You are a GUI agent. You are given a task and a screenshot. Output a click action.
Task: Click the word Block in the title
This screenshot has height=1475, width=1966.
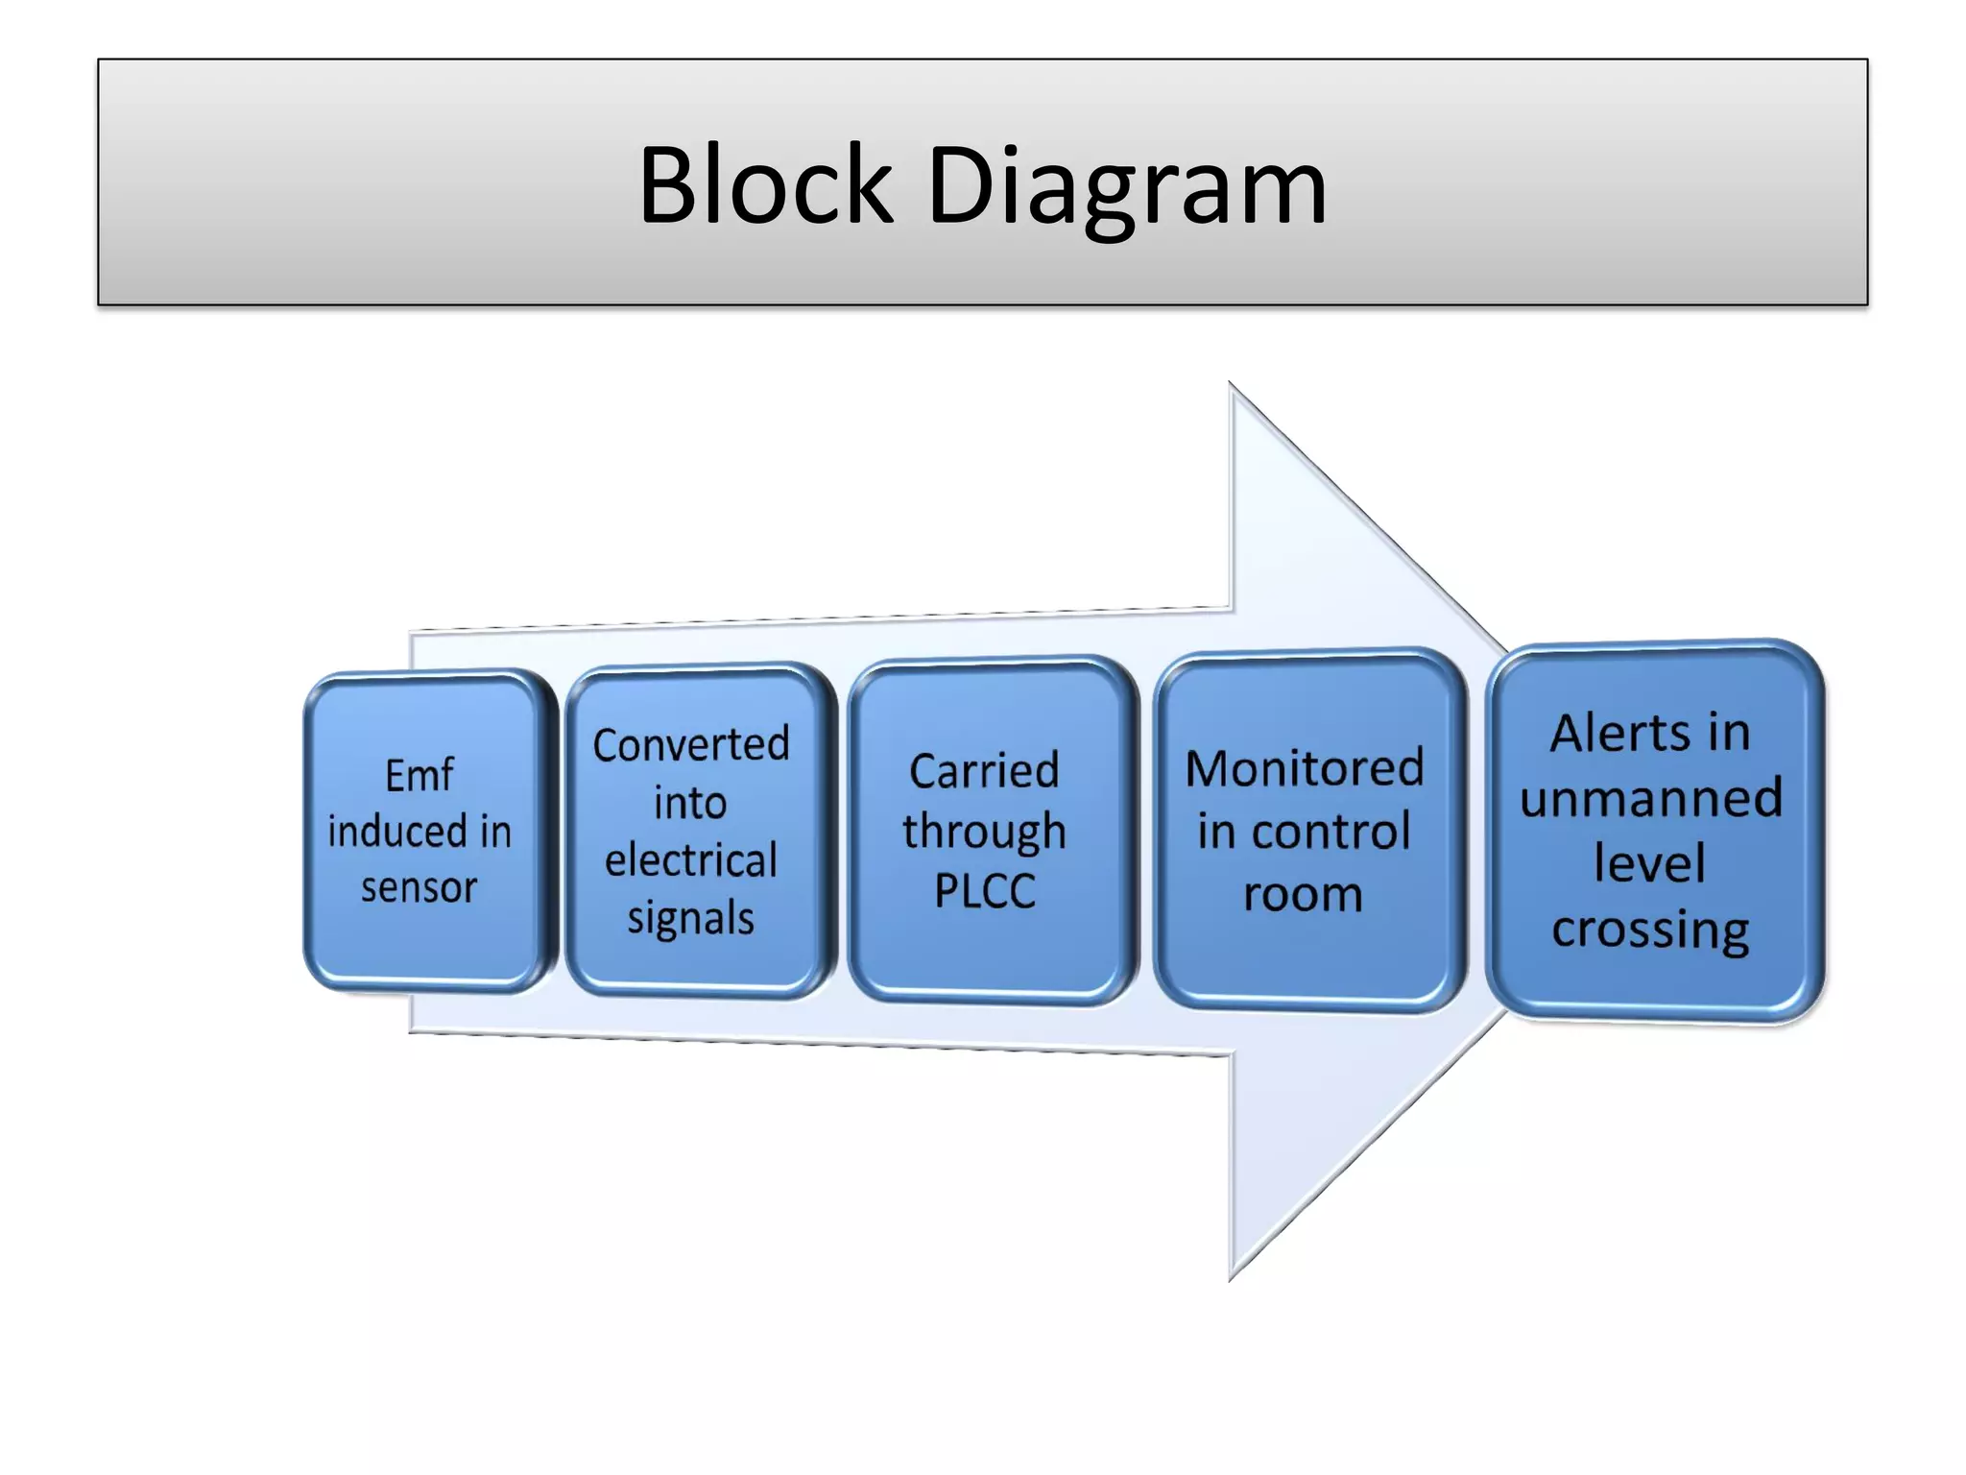[x=765, y=184]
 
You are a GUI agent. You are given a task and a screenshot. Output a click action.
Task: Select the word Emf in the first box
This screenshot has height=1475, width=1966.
[x=419, y=775]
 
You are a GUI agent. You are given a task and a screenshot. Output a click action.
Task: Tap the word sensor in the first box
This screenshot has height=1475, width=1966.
[x=419, y=887]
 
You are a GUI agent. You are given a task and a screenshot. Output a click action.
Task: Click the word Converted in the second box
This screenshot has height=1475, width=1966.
[x=691, y=745]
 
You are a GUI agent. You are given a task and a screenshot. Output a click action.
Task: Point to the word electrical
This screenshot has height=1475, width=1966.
[x=691, y=860]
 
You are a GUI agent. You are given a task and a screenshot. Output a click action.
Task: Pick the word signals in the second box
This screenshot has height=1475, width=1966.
[x=691, y=919]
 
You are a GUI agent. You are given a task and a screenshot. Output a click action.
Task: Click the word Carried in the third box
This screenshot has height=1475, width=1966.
[x=984, y=771]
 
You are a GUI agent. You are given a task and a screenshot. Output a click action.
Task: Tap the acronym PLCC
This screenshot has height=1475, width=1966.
[x=985, y=891]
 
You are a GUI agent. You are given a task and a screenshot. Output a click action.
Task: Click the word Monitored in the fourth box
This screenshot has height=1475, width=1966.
[x=1304, y=768]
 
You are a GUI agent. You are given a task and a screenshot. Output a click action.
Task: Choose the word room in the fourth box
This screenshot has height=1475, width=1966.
[x=1303, y=895]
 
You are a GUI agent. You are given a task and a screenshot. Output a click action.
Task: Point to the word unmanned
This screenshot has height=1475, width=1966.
[x=1650, y=798]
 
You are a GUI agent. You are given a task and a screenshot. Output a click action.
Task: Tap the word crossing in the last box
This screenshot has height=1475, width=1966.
[x=1650, y=931]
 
